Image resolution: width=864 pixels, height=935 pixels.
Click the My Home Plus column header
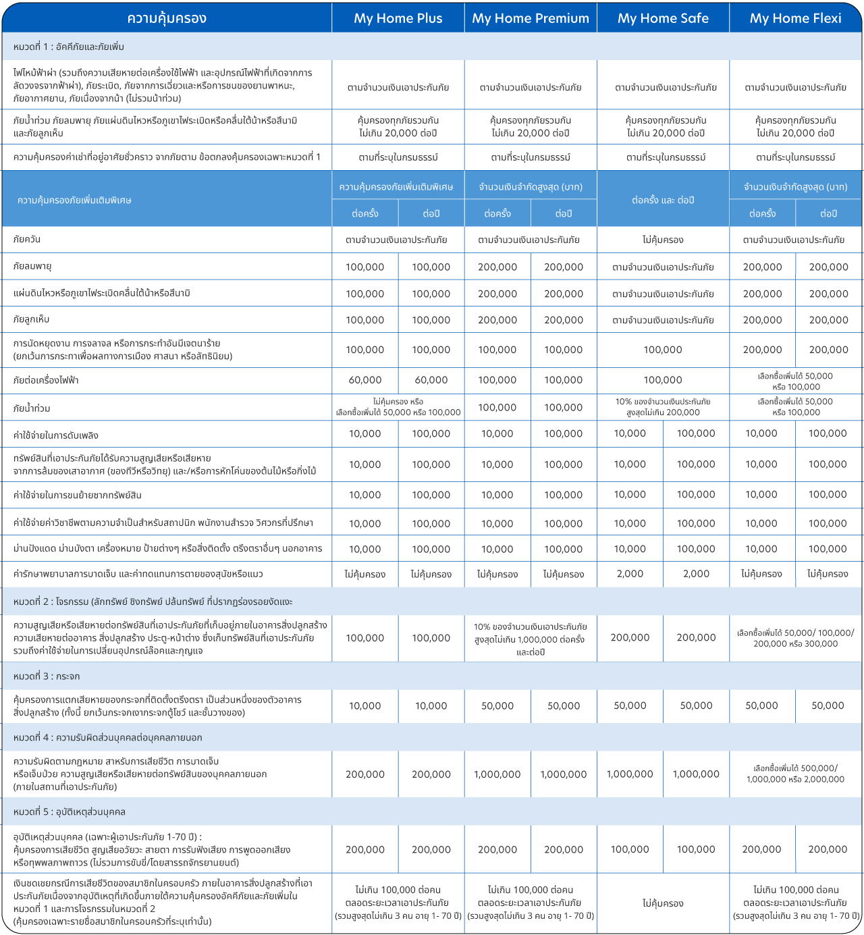(398, 18)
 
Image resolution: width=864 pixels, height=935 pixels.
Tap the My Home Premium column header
(531, 18)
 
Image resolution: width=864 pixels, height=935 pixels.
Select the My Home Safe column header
(663, 18)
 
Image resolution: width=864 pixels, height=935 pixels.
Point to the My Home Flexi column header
(795, 18)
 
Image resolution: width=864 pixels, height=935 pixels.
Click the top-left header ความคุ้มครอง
(167, 18)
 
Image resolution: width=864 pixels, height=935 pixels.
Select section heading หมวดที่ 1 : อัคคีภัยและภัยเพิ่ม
(69, 47)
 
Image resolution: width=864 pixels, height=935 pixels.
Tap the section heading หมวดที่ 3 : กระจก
(47, 676)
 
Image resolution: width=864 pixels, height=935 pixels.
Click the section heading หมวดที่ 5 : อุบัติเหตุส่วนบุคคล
(70, 811)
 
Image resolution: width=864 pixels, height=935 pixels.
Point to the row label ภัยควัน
(27, 240)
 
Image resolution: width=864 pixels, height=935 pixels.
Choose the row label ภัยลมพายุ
(32, 267)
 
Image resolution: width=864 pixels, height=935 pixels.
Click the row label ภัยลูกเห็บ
(32, 319)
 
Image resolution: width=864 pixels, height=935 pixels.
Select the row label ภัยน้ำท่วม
(32, 408)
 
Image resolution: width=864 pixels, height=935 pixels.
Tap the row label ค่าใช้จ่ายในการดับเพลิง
(56, 435)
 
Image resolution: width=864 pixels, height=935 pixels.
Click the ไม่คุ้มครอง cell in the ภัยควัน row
(663, 240)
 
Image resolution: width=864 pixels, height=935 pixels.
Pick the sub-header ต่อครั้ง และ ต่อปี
(663, 201)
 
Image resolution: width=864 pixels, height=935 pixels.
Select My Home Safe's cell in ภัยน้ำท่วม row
(663, 407)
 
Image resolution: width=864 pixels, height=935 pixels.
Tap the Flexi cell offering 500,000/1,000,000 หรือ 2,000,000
(795, 774)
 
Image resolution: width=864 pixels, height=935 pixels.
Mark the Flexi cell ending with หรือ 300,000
(795, 638)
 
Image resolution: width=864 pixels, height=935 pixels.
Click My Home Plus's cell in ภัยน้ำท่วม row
(398, 407)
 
